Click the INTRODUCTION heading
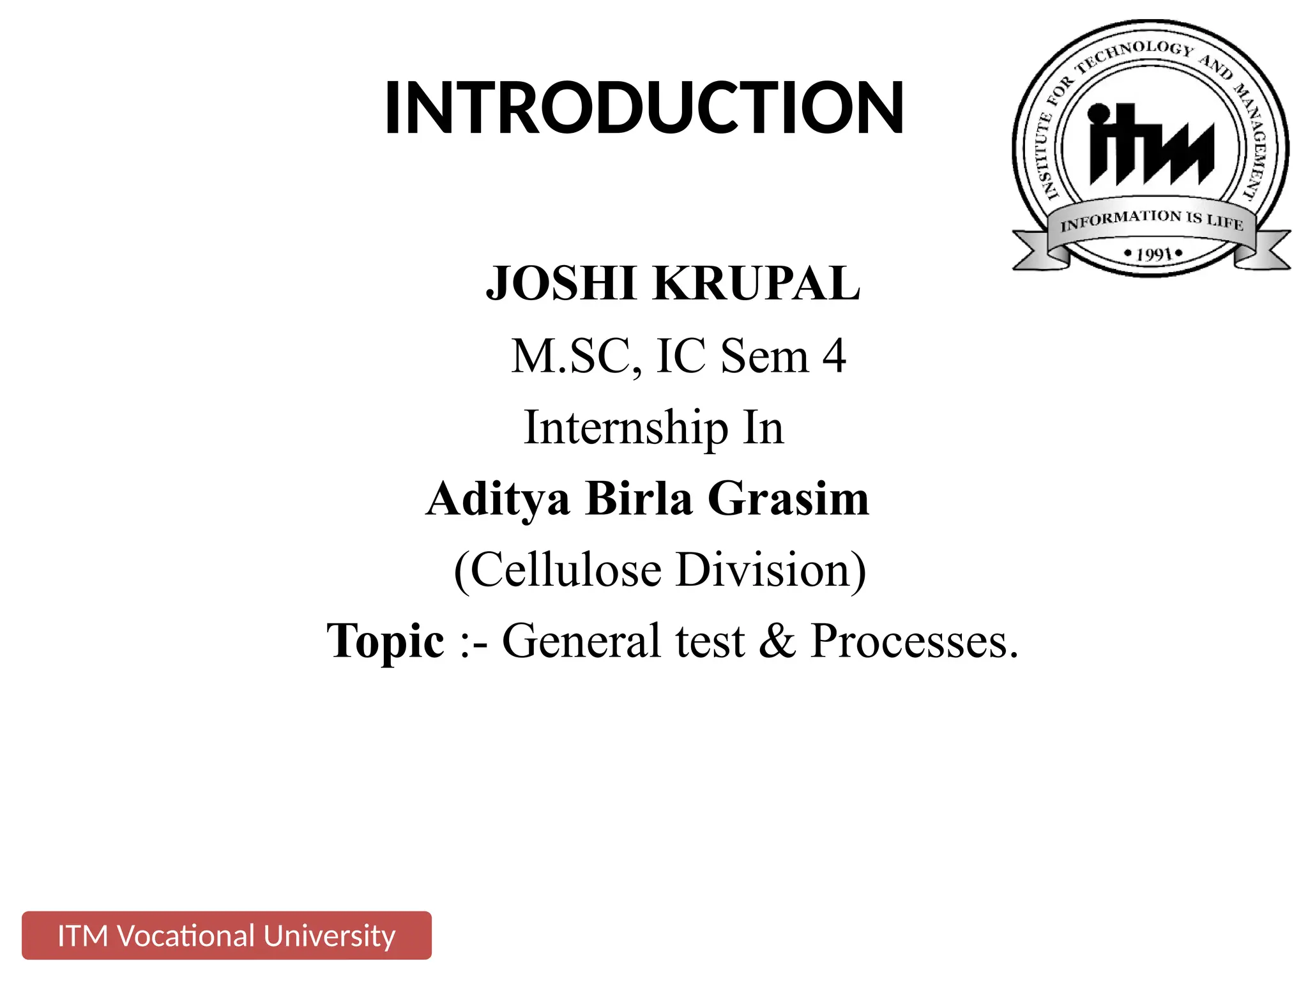point(644,107)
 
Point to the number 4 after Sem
point(834,356)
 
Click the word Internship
point(626,427)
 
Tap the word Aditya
point(498,499)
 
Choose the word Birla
point(639,499)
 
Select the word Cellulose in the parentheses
point(566,569)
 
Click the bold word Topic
point(385,641)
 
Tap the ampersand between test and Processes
point(777,641)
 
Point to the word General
point(581,641)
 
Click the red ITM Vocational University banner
point(227,936)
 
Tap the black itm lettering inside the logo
point(1150,145)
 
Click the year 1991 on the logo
point(1153,254)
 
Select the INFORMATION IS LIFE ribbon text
point(1152,220)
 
